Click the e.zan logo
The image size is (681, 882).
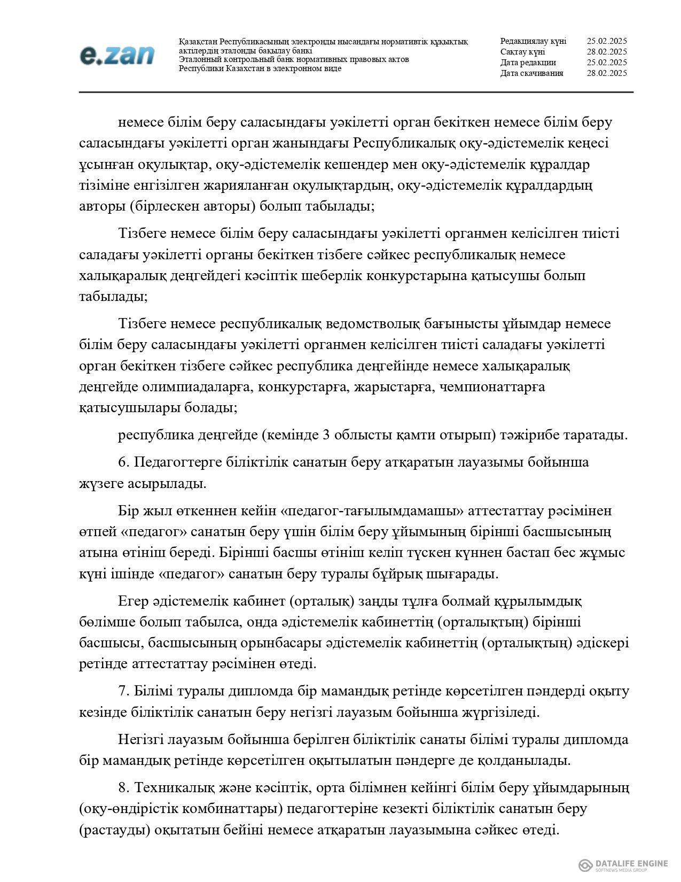click(117, 55)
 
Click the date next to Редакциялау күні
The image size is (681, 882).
click(606, 41)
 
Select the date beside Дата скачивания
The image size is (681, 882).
click(606, 73)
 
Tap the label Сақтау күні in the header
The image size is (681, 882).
click(522, 52)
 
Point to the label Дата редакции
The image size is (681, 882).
click(528, 63)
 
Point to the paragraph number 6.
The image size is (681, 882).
click(122, 462)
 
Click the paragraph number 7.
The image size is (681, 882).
click(122, 691)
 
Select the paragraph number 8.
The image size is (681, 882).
click(122, 787)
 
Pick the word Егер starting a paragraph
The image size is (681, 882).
click(131, 601)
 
